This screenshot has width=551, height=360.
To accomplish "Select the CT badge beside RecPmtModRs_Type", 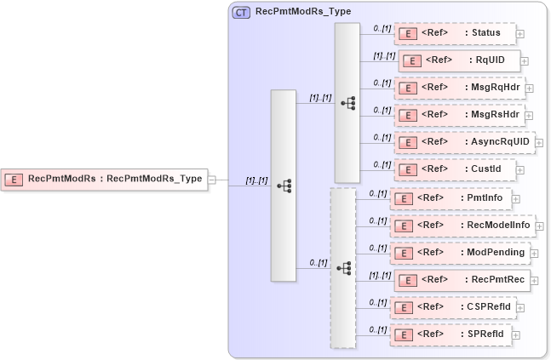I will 241,12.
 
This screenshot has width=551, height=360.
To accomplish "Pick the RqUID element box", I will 459,60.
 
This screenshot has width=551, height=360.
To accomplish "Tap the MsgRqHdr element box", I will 459,88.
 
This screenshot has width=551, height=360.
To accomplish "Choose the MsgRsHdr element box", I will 459,114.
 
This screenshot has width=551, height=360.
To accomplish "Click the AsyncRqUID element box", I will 463,141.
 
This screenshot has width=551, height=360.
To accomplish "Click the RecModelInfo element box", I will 462,226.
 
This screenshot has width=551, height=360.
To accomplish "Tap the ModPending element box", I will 461,253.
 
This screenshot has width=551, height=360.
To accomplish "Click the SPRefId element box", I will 451,334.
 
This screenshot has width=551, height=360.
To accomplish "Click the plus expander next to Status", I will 520,34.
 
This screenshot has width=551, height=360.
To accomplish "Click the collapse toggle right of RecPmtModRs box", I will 212,180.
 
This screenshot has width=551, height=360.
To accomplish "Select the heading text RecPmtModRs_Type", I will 291,12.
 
